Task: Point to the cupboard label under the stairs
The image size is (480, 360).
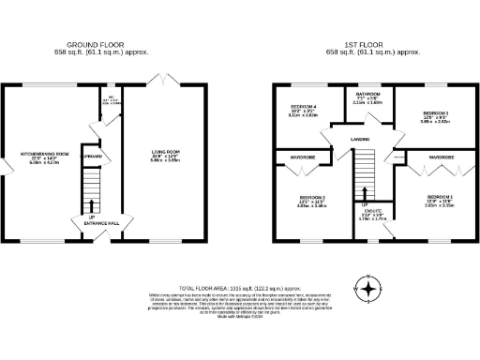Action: [90, 157]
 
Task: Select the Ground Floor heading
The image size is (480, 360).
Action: [98, 44]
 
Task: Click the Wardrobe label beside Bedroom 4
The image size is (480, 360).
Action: [302, 157]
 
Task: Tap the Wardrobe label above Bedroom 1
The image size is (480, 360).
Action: [441, 157]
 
